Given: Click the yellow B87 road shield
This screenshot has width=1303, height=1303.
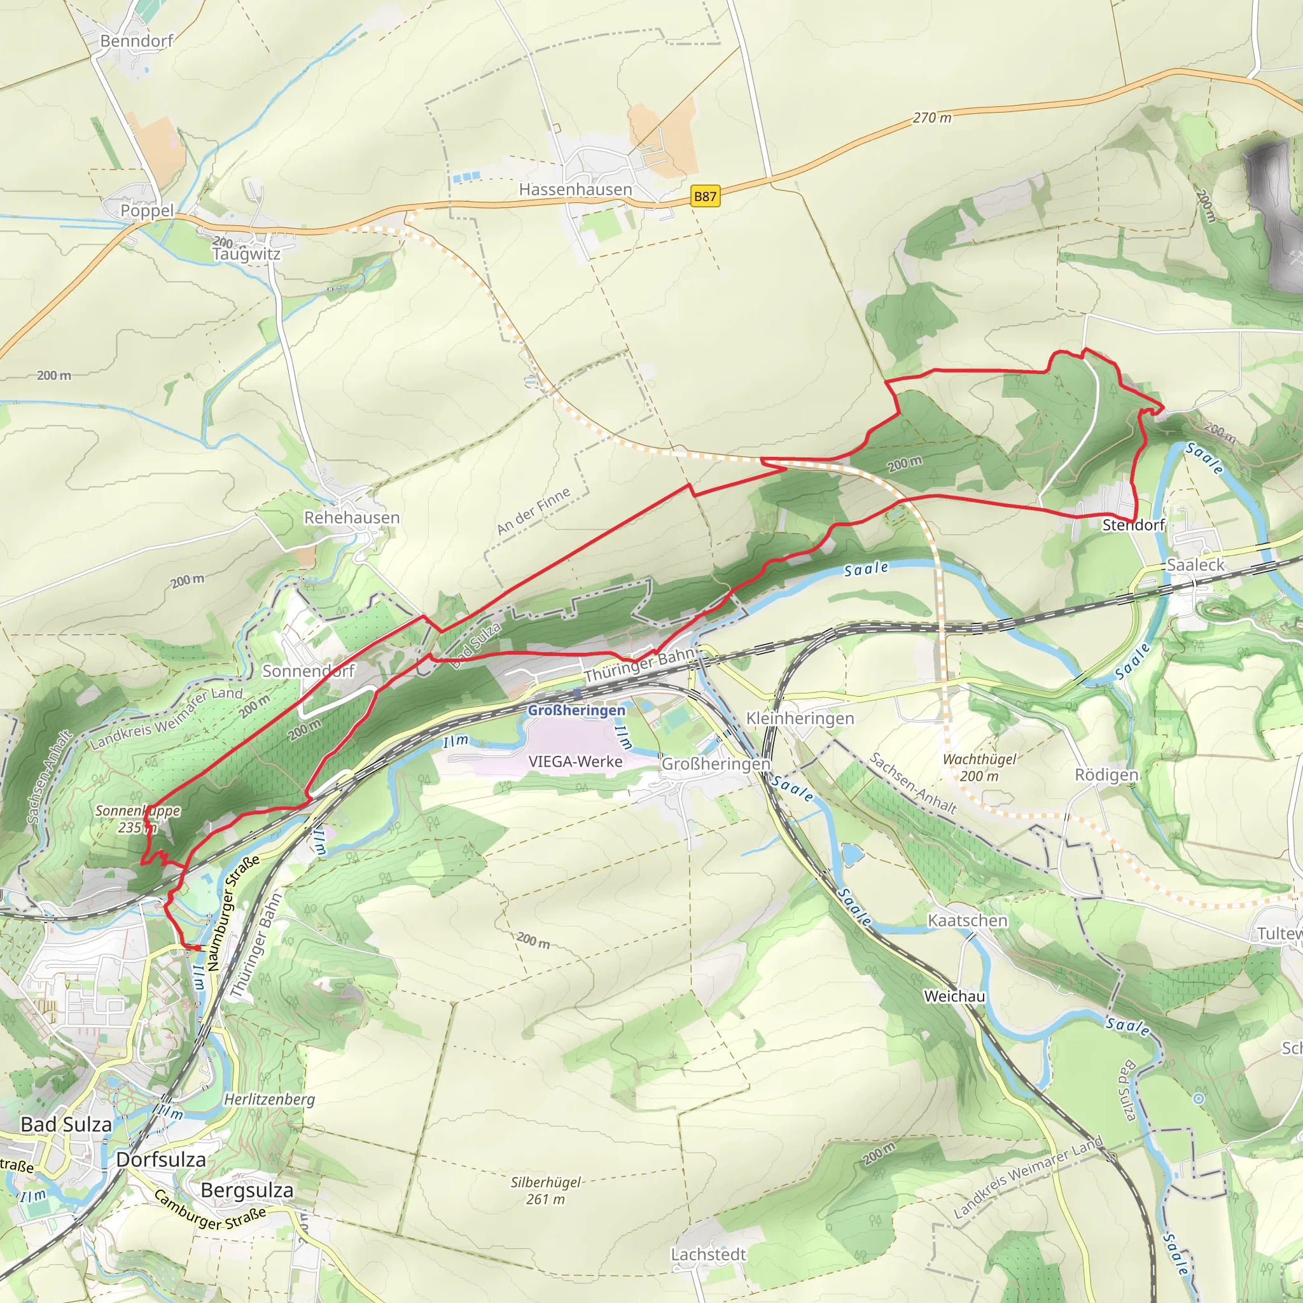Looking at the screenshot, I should [706, 196].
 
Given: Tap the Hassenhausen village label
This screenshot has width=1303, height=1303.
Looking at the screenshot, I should [575, 190].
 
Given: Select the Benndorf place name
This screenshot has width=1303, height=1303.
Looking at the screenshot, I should [136, 41].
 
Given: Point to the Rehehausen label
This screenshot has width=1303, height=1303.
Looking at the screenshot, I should [351, 517].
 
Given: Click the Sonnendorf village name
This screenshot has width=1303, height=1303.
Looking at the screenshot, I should [308, 671].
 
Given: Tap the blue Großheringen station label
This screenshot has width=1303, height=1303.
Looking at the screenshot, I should [576, 710].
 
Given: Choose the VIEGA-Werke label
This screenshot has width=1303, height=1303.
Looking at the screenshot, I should [575, 762].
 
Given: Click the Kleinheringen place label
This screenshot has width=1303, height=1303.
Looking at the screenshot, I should [800, 718].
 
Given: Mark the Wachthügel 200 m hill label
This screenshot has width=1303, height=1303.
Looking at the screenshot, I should [979, 767].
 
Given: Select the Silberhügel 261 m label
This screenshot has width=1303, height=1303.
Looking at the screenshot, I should [546, 1190].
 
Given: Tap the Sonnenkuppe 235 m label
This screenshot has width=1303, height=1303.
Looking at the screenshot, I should [137, 819].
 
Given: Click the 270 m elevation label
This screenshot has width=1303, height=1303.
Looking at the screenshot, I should [932, 118].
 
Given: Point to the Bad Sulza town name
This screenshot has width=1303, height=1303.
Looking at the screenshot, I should [66, 1124].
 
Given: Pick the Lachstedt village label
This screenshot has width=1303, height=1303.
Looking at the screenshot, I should [708, 1255].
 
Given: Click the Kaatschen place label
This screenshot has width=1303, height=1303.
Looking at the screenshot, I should [967, 921].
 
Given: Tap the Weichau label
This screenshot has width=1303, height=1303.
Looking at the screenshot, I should [954, 996].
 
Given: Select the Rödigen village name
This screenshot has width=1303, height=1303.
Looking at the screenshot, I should [1106, 775].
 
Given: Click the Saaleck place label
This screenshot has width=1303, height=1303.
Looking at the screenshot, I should [1195, 564].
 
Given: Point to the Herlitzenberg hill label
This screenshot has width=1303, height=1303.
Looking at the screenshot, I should [269, 1099].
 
